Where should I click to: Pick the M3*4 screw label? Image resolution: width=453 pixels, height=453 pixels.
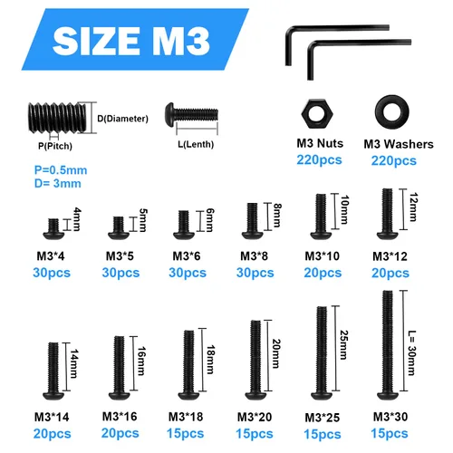[x=53, y=256]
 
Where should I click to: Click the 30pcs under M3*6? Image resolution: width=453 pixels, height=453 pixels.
[x=187, y=273]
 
